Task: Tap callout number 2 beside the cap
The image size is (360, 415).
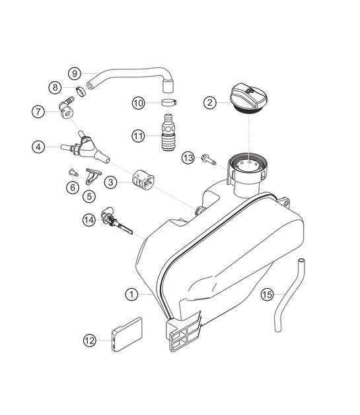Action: [x=209, y=102]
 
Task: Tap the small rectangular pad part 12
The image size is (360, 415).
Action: [x=129, y=334]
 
